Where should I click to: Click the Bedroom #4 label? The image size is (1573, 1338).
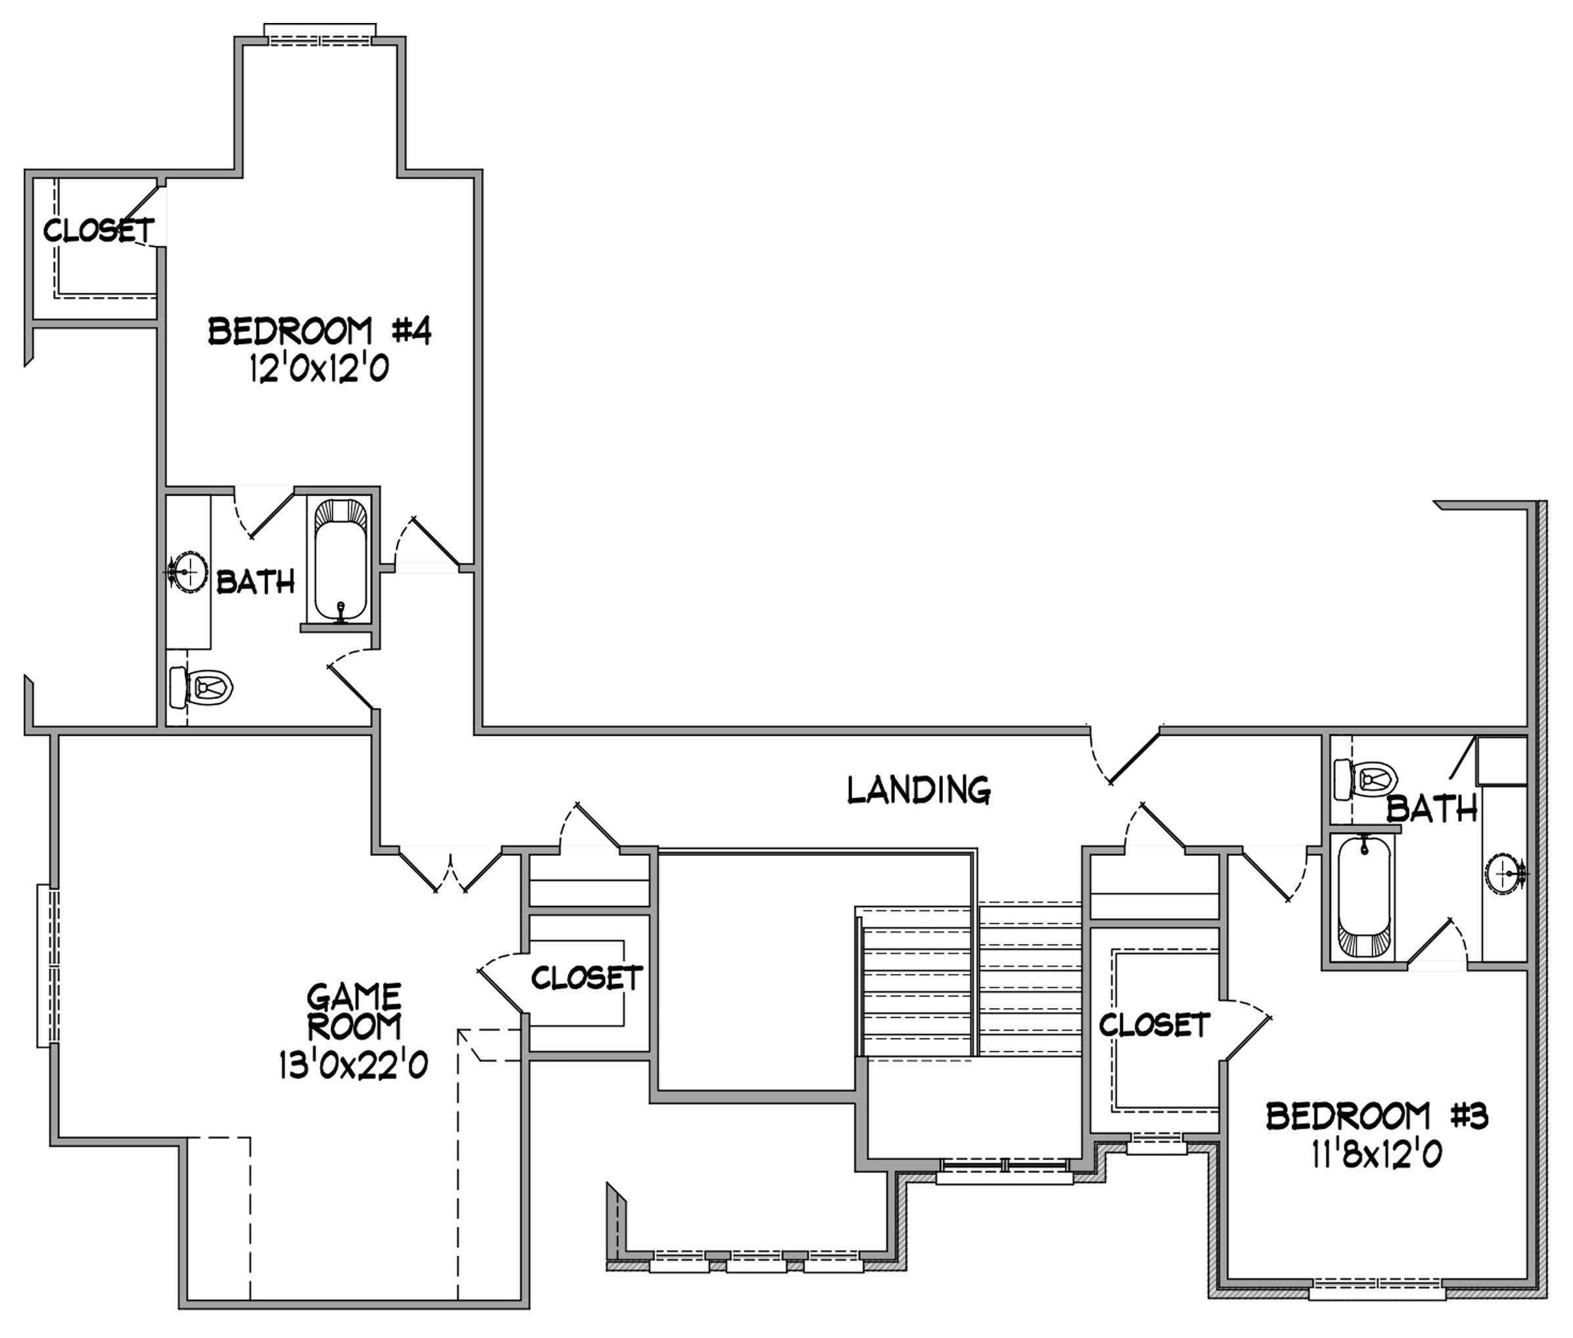pyautogui.click(x=319, y=332)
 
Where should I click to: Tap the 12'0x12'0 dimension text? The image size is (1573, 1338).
pyautogui.click(x=319, y=369)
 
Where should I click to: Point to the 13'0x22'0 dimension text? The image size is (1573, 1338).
pyautogui.click(x=353, y=1065)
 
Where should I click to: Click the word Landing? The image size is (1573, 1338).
pyautogui.click(x=919, y=790)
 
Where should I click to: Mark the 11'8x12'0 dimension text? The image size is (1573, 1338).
pyautogui.click(x=1376, y=1155)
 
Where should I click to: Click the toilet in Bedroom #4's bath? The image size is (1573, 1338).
pyautogui.click(x=200, y=687)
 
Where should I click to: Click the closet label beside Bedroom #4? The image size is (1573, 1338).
pyautogui.click(x=99, y=230)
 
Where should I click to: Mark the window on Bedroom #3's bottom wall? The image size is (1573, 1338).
pyautogui.click(x=1377, y=1288)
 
